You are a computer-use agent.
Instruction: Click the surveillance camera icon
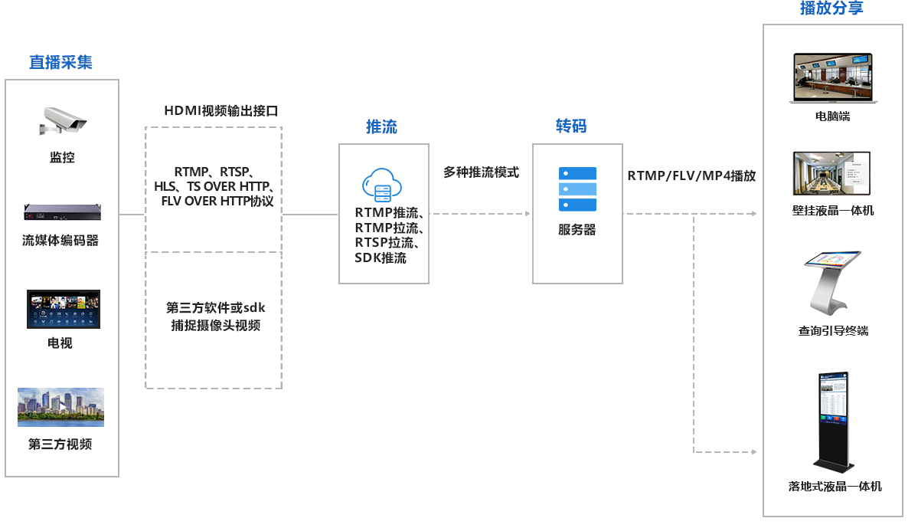63,120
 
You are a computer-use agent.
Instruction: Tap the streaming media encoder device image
62,212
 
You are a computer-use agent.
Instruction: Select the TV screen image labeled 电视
64,309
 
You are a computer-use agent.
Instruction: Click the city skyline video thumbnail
61,407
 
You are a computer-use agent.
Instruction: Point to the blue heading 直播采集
61,62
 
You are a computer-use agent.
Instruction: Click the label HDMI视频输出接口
221,111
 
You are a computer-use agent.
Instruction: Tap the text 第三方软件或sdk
215,307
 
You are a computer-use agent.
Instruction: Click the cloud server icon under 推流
382,185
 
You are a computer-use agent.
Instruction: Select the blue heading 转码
571,126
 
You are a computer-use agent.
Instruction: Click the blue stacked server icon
577,189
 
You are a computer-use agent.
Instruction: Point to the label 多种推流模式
482,172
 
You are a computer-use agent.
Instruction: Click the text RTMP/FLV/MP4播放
691,175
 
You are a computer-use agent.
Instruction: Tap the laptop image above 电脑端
833,78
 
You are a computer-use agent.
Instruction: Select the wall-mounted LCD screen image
831,173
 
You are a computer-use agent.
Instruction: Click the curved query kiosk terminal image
832,283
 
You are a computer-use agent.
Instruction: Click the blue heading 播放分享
831,8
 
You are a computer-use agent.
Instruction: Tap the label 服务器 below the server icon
577,230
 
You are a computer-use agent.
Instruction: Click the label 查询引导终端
833,331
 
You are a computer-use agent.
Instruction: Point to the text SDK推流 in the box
381,257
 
